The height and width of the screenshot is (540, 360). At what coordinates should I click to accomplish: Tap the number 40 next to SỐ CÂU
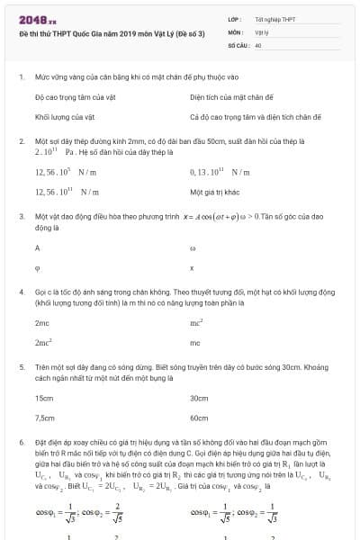coord(258,43)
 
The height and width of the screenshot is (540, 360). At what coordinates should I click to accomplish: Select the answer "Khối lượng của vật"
coord(60,116)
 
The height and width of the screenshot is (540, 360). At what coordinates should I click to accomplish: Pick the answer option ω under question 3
coord(193,246)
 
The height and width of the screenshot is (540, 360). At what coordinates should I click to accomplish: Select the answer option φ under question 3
coord(37,267)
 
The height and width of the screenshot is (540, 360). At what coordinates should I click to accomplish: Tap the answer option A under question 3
coord(37,246)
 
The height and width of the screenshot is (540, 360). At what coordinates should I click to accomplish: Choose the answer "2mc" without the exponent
coord(41,321)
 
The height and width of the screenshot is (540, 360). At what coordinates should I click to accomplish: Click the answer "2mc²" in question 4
coord(43,343)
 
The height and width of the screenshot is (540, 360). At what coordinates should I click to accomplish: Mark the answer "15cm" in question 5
coord(43,397)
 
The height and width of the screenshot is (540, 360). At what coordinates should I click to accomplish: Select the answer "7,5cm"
coord(45,418)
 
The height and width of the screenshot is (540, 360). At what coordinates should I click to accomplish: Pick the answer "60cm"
coord(199,418)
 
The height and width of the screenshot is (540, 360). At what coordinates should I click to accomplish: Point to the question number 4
coord(21,292)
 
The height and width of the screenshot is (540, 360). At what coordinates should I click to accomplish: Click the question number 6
coord(21,444)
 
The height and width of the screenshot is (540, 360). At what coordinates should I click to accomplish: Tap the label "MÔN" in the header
coord(235,31)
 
